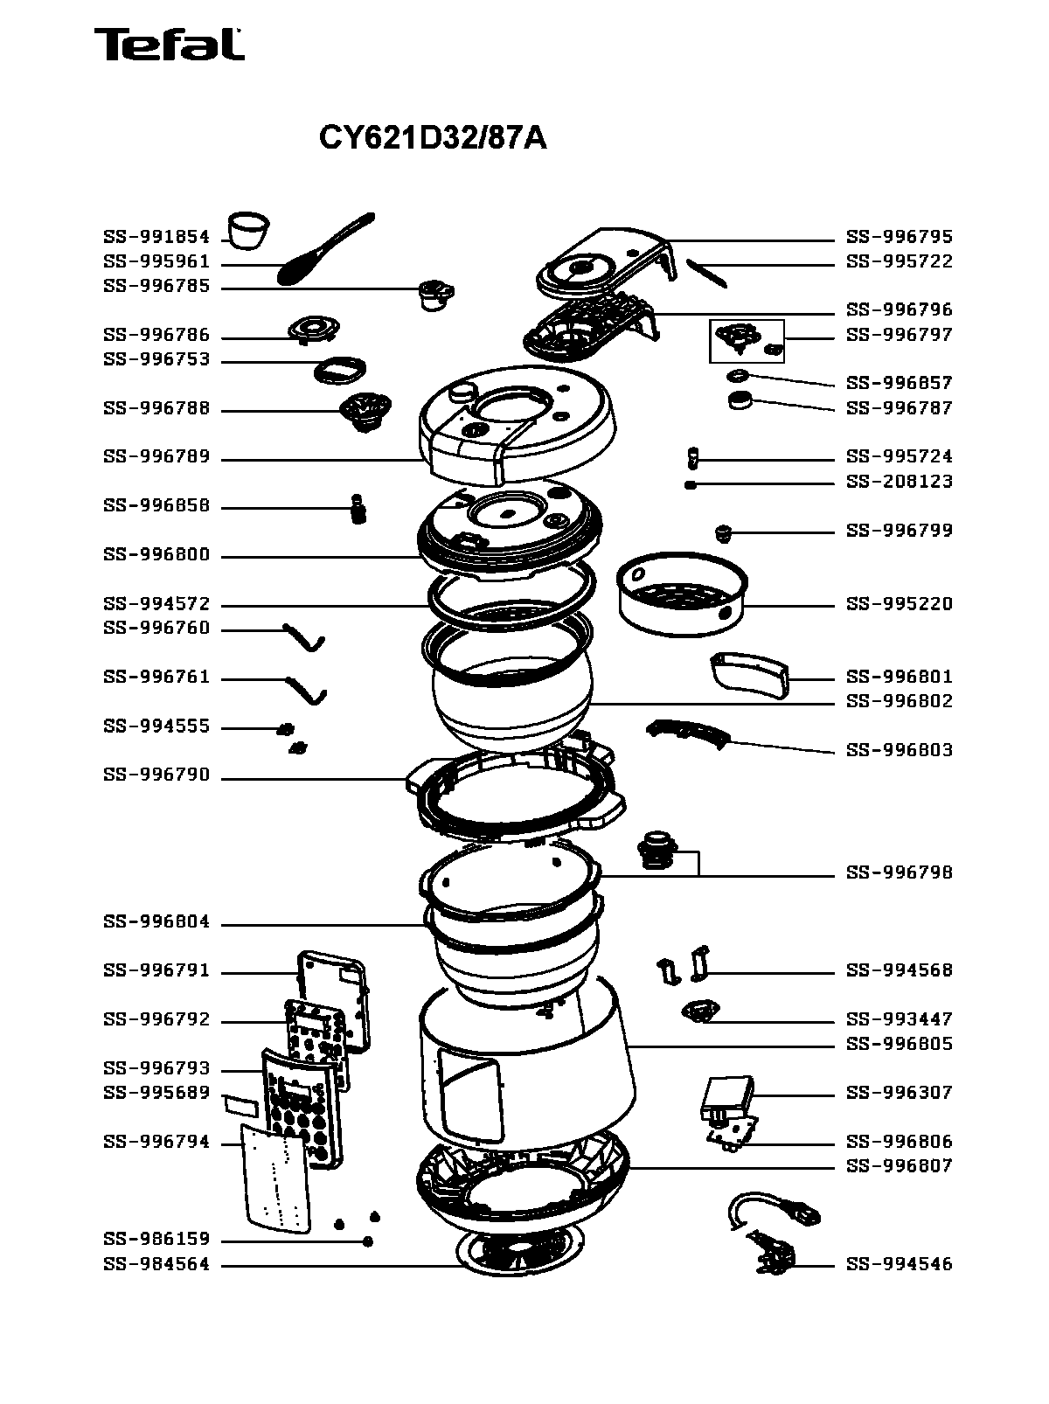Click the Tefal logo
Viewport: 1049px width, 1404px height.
click(x=170, y=45)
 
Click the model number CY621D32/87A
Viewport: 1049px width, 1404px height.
click(x=433, y=137)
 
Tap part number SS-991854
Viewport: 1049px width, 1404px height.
click(x=156, y=237)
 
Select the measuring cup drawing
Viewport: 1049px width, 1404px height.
click(x=249, y=230)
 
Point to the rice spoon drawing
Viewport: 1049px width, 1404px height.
click(x=325, y=249)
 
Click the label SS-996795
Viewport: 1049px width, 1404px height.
click(x=900, y=237)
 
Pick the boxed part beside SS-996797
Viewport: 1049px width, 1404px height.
click(x=747, y=341)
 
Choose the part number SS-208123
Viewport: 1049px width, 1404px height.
click(x=900, y=482)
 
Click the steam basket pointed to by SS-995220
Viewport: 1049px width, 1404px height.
click(x=682, y=594)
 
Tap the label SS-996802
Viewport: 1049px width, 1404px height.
click(x=900, y=701)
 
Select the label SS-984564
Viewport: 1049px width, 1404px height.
click(x=156, y=1264)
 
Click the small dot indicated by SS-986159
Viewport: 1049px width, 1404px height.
click(x=367, y=1241)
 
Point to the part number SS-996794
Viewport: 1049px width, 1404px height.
click(x=156, y=1142)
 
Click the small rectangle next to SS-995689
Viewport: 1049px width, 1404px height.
click(x=240, y=1105)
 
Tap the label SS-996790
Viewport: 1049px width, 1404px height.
click(x=156, y=775)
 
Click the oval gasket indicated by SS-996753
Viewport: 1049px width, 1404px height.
click(x=340, y=371)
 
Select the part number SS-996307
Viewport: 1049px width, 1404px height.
click(x=900, y=1093)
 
